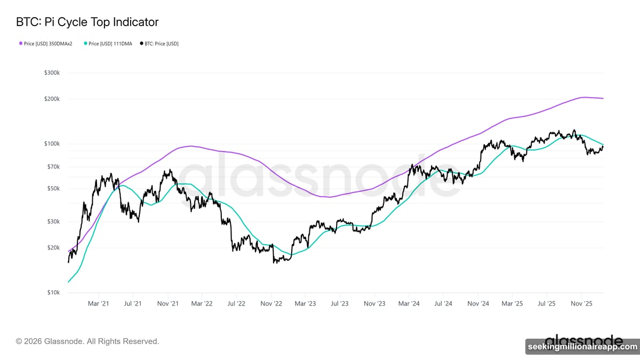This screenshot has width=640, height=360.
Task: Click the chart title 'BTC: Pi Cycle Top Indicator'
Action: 87,22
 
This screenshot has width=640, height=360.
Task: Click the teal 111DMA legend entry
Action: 108,44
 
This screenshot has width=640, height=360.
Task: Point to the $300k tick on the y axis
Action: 52,73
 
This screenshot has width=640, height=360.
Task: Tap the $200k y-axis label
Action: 52,99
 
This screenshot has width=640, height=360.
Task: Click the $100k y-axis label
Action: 52,144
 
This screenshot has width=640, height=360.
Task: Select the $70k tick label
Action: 53,167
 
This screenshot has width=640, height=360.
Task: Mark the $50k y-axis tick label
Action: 53,189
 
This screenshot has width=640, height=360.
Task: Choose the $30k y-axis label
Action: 53,222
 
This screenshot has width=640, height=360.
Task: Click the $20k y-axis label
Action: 53,248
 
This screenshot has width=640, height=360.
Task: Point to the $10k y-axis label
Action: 53,293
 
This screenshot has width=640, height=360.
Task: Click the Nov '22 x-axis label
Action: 271,303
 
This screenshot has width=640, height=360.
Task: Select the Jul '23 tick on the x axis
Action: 340,303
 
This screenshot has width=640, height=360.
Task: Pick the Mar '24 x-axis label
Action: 409,303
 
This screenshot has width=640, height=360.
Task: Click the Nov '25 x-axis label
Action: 581,303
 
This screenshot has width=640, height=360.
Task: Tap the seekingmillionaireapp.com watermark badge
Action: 582,347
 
